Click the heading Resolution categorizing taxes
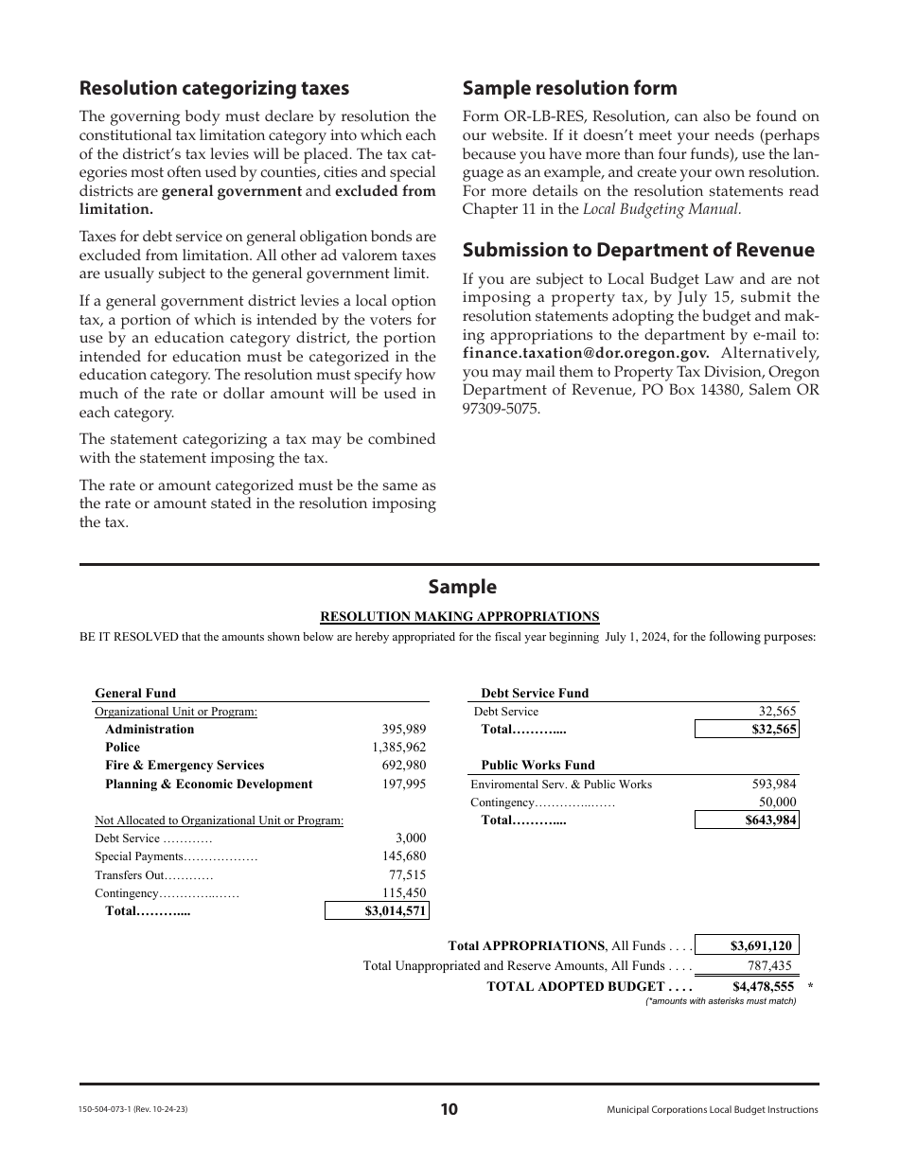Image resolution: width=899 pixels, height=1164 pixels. [x=214, y=88]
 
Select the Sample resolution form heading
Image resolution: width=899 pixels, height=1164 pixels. [x=570, y=88]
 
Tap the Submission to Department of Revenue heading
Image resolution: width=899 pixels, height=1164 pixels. [x=638, y=250]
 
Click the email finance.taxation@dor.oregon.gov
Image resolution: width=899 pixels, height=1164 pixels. [x=586, y=353]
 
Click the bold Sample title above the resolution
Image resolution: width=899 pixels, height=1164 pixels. [x=462, y=587]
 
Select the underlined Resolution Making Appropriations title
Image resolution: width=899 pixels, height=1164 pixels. [x=460, y=616]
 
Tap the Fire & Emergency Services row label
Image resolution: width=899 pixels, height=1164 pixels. [x=185, y=766]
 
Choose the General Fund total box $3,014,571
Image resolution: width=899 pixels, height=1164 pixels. [x=377, y=911]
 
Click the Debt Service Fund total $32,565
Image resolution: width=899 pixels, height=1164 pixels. [x=747, y=730]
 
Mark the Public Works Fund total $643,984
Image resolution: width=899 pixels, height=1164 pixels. [x=747, y=820]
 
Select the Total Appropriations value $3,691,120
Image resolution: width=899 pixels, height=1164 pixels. [x=747, y=945]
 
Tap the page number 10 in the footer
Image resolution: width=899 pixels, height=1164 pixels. [x=449, y=1110]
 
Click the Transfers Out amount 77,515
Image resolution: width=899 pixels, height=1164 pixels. [x=407, y=875]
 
